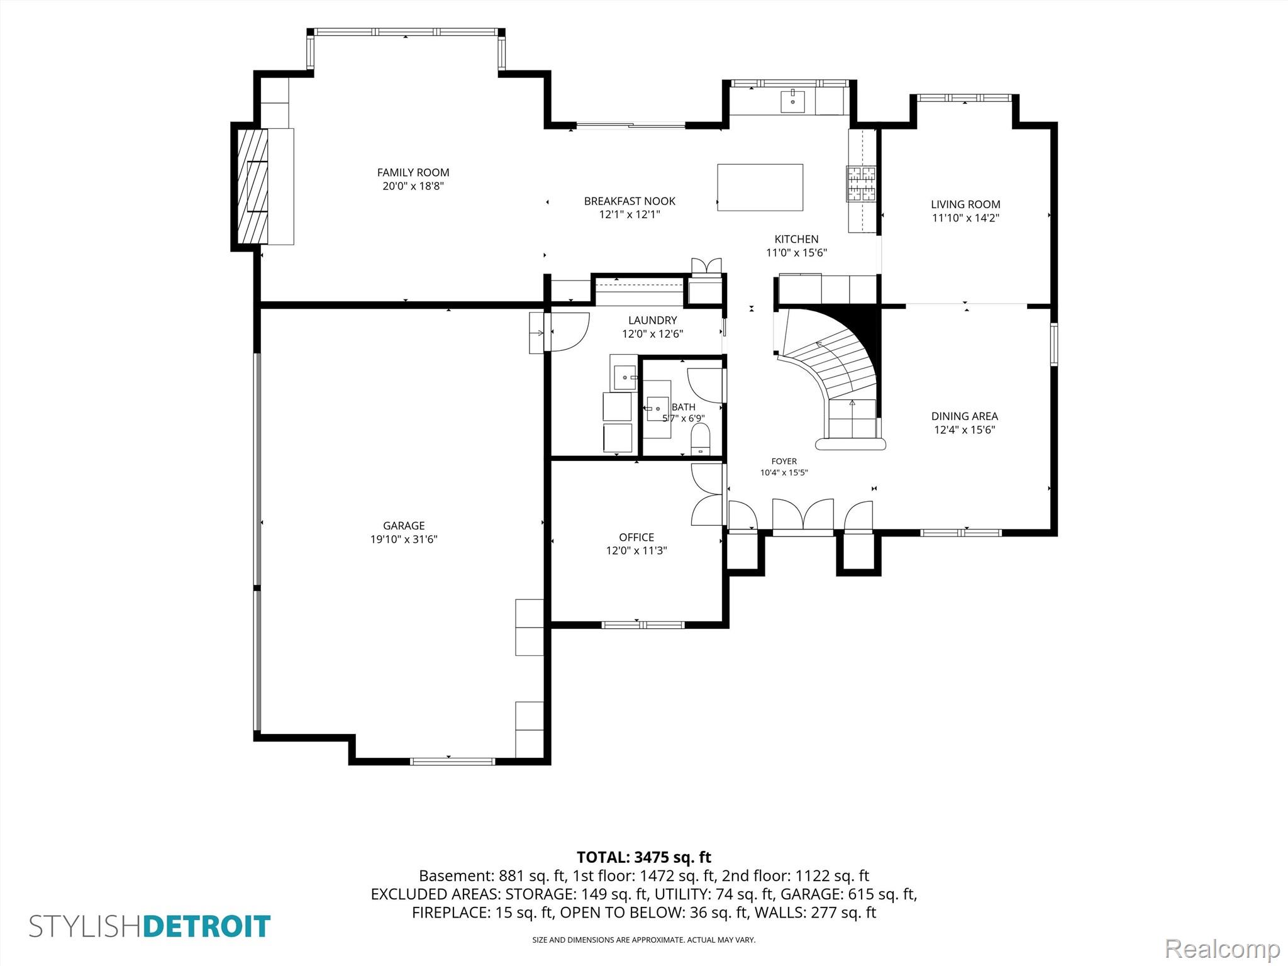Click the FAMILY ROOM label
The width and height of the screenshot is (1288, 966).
coord(413,172)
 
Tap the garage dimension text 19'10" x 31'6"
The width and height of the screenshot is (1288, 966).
coord(404,539)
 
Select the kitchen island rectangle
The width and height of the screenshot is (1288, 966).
coord(760,187)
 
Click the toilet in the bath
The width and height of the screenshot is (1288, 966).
coord(700,438)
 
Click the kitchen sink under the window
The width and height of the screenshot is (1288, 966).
coord(793,101)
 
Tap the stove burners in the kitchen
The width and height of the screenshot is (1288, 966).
coord(861,184)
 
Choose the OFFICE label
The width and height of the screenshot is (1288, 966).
coord(636,537)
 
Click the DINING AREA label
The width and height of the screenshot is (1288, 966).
coord(965,416)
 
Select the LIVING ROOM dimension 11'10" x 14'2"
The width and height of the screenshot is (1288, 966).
coord(965,218)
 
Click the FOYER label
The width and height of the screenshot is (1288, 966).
coord(784,462)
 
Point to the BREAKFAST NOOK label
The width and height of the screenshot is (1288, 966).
coord(630,201)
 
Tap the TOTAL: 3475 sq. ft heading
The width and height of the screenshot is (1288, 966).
coord(644,857)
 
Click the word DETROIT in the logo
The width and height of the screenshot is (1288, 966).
coord(207,927)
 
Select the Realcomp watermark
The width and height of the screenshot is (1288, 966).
coord(1223,949)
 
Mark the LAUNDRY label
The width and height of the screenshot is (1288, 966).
coord(653,321)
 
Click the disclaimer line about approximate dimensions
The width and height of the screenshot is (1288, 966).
coord(644,940)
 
